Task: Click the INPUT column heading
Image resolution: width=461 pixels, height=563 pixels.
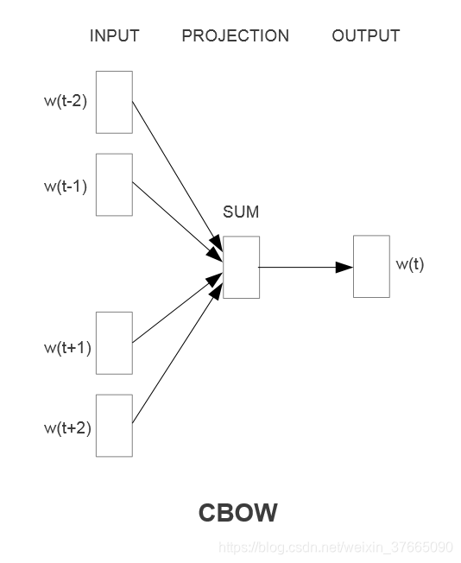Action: [114, 36]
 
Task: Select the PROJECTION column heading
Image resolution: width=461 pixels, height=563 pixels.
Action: [235, 36]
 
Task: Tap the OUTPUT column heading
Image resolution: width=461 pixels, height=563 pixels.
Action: [365, 36]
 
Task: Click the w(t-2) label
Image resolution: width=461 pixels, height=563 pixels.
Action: [66, 102]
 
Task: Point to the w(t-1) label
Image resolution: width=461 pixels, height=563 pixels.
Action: [66, 185]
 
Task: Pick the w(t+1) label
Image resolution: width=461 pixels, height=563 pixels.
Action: [67, 347]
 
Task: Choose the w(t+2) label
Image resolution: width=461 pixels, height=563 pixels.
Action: [67, 427]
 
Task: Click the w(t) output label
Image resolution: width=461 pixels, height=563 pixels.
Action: [409, 264]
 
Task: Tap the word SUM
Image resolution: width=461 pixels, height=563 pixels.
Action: [241, 212]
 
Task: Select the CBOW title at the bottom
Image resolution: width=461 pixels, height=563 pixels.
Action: [237, 513]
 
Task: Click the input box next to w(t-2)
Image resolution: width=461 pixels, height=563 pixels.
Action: [114, 102]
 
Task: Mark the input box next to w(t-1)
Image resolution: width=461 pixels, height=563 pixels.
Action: [114, 185]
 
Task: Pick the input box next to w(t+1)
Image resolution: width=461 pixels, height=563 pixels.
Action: [114, 343]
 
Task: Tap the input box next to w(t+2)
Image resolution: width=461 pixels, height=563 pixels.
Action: [114, 425]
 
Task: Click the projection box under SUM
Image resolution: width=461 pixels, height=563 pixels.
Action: [241, 267]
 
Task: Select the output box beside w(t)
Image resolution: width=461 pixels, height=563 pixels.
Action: [371, 266]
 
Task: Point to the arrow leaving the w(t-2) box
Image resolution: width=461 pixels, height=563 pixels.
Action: [173, 173]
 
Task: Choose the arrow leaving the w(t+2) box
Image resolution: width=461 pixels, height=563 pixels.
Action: [173, 354]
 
